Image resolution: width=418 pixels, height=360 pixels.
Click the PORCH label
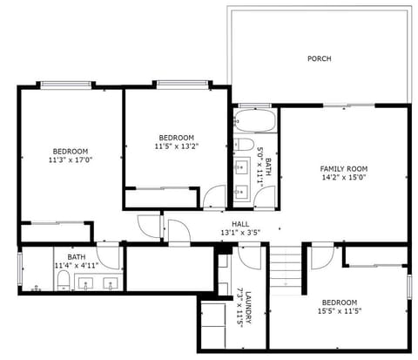pos(319,59)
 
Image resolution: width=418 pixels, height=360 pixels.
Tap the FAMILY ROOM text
pos(344,169)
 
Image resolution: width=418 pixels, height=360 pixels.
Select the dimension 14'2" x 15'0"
pos(344,179)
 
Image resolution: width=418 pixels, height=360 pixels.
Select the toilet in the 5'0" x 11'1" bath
pos(245,144)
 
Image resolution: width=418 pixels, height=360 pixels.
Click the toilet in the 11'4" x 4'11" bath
pos(64,281)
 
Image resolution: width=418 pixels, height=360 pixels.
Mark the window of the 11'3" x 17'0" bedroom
pos(65,85)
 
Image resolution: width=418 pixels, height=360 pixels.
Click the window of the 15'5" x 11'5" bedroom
pos(408,289)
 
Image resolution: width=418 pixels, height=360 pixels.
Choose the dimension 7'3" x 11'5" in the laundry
pos(238,307)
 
